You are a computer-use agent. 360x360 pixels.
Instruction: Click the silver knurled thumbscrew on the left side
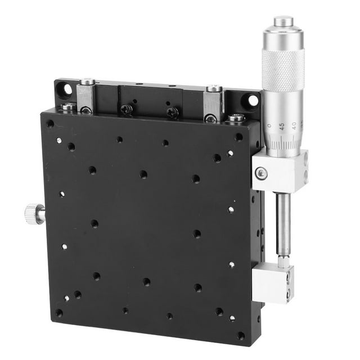pyautogui.click(x=35, y=214)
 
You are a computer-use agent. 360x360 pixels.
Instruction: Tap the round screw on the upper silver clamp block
pyautogui.click(x=261, y=173)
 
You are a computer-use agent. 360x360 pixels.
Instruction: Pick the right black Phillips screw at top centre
pyautogui.click(x=172, y=112)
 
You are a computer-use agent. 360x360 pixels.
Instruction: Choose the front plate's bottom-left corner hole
pyautogui.click(x=58, y=313)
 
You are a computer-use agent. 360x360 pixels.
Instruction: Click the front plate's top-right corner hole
pyautogui.click(x=239, y=137)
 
